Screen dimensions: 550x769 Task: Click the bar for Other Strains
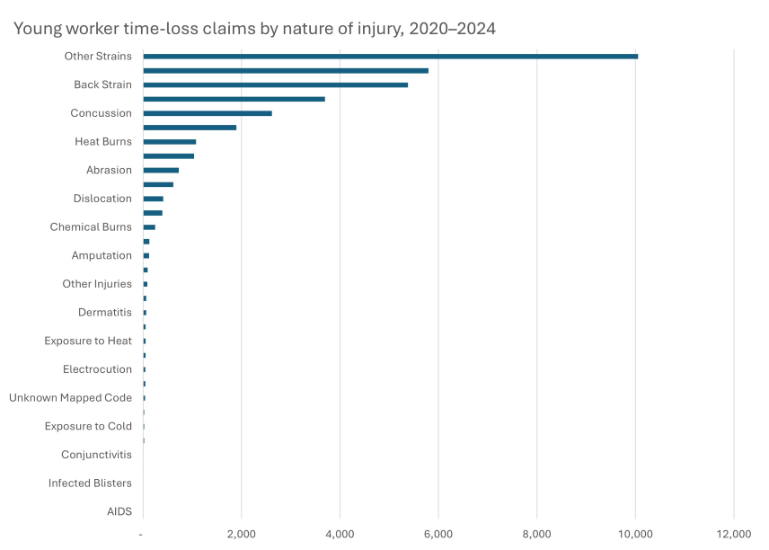390,56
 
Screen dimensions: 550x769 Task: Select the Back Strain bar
275,84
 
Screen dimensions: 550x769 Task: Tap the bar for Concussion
207,113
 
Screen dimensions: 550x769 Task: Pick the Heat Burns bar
169,142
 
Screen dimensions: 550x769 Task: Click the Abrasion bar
161,170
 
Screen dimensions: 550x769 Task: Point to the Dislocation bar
153,199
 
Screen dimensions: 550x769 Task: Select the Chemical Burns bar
149,227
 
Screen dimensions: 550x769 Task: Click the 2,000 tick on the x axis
241,535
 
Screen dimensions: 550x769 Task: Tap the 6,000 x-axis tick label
438,535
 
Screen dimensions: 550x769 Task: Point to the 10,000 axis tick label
635,535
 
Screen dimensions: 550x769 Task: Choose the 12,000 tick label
734,535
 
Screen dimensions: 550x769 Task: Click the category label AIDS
119,511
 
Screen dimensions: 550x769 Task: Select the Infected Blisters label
90,483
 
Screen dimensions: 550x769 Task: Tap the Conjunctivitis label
96,455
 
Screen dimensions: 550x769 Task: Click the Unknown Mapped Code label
70,398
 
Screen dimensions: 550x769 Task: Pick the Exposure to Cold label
88,426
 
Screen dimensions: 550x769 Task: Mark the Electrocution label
97,369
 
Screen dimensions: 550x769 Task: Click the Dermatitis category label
104,313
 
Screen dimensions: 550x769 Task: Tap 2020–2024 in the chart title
452,29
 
